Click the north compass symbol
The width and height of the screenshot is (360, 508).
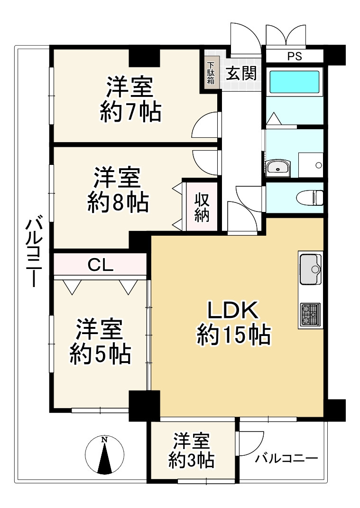pos(104,455)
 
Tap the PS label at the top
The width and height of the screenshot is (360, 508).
pos(294,56)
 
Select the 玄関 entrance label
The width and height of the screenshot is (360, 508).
pos(241,74)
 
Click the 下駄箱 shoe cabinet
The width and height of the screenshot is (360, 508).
pos(211,74)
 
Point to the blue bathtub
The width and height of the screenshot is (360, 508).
pos(294,82)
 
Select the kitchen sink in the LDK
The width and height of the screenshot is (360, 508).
pos(310,268)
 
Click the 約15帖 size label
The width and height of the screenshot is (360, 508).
pos(233,335)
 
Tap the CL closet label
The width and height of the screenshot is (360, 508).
pos(100,265)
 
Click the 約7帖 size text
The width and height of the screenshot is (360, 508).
pos(130,113)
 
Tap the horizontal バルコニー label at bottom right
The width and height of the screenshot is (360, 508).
pos(286,459)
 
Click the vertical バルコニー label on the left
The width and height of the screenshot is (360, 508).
pos(35,252)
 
